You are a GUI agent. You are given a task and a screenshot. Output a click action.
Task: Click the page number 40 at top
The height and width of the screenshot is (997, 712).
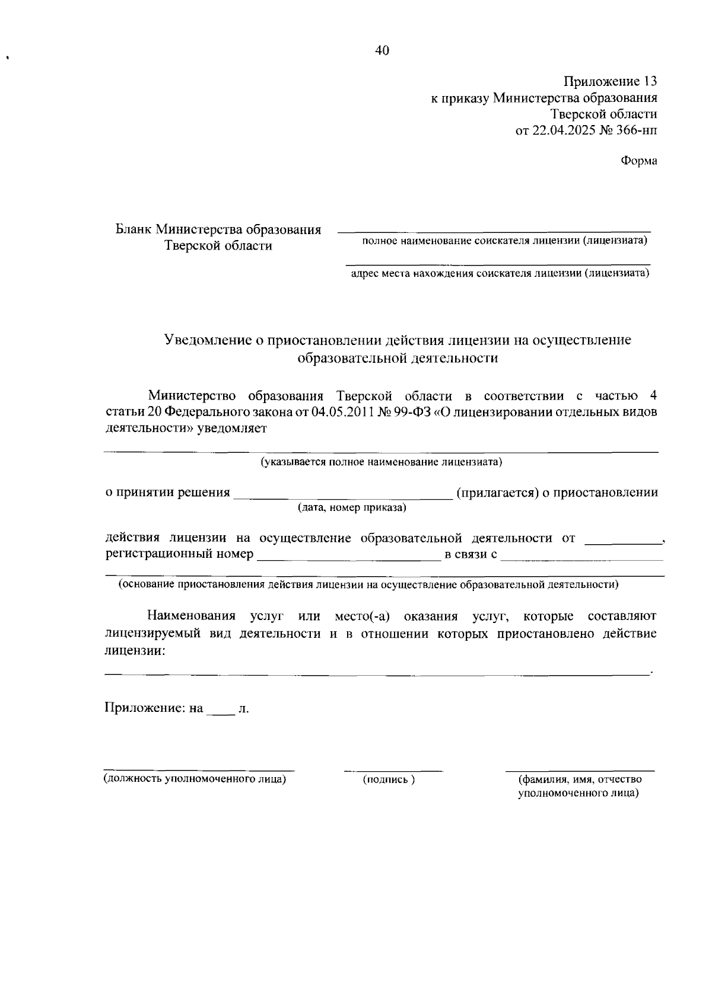pyautogui.click(x=382, y=51)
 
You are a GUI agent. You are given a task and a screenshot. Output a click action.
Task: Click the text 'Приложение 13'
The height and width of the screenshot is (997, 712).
pyautogui.click(x=610, y=81)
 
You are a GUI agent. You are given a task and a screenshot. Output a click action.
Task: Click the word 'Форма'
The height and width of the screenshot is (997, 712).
pyautogui.click(x=639, y=161)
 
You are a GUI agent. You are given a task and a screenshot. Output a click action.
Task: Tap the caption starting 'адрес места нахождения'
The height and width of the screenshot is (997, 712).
pyautogui.click(x=500, y=273)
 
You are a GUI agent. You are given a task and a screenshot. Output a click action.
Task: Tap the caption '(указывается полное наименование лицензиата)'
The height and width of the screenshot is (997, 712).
pyautogui.click(x=382, y=462)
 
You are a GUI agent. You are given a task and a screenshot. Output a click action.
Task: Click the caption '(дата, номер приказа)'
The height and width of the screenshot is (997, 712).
pyautogui.click(x=352, y=508)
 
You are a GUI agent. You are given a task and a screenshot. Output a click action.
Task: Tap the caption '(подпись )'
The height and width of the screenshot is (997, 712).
pyautogui.click(x=389, y=780)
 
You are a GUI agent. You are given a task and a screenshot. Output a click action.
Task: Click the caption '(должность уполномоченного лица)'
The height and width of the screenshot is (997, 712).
pyautogui.click(x=195, y=779)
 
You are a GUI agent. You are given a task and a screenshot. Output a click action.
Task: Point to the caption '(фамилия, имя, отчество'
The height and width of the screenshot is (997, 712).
pyautogui.click(x=580, y=779)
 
